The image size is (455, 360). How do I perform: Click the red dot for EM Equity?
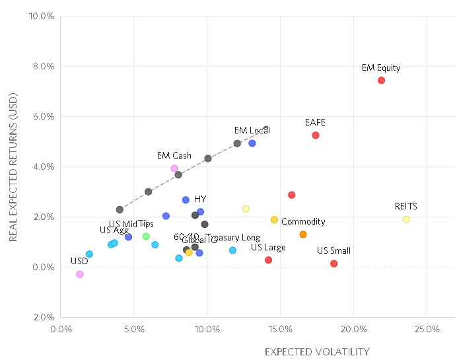(x=381, y=81)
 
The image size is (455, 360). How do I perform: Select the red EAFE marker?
(x=316, y=135)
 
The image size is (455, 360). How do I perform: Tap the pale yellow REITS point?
(x=406, y=219)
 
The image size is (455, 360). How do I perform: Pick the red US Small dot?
(x=333, y=264)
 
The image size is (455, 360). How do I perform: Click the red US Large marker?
(x=268, y=260)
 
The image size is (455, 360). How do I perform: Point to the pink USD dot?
(x=80, y=274)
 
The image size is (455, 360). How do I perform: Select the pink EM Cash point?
(x=174, y=168)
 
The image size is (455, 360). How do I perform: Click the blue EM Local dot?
(x=252, y=143)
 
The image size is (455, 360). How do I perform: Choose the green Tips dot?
(x=146, y=236)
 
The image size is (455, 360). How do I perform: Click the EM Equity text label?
(x=381, y=67)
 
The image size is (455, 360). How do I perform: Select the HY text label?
(x=200, y=199)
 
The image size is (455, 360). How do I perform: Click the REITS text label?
(x=405, y=207)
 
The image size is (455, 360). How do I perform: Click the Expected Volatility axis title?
(x=317, y=351)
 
